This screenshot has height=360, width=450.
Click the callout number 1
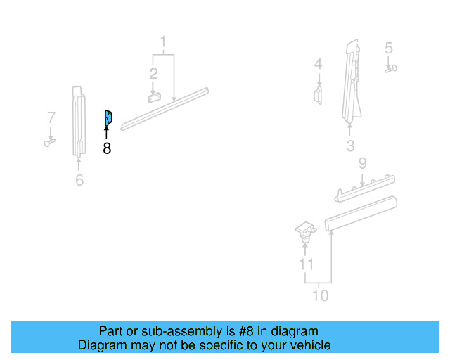[163, 41]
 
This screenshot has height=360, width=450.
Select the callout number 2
[153, 72]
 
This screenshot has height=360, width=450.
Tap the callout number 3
[350, 146]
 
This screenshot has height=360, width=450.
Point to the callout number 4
[319, 64]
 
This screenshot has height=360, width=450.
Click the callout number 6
[79, 181]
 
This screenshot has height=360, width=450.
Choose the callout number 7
[51, 117]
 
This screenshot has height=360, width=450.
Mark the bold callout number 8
[107, 148]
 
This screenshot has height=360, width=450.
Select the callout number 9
[362, 164]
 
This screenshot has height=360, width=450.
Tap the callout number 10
[320, 295]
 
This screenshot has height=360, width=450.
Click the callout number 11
[306, 264]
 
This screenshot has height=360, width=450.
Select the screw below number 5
[391, 69]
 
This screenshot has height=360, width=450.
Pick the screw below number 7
[49, 143]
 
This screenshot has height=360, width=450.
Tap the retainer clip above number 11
[304, 231]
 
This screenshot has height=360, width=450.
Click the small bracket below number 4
[318, 95]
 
